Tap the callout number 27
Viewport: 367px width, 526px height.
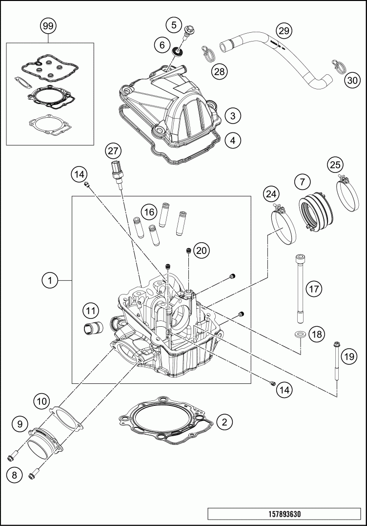click(114, 150)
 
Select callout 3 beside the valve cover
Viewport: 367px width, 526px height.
click(233, 116)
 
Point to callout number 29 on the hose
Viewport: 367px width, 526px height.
click(283, 31)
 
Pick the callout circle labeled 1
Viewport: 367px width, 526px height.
click(49, 281)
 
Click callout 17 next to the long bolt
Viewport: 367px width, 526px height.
click(313, 289)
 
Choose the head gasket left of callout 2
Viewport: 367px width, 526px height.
click(166, 420)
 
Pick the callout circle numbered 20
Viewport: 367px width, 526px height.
click(201, 251)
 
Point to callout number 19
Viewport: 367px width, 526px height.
click(348, 357)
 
